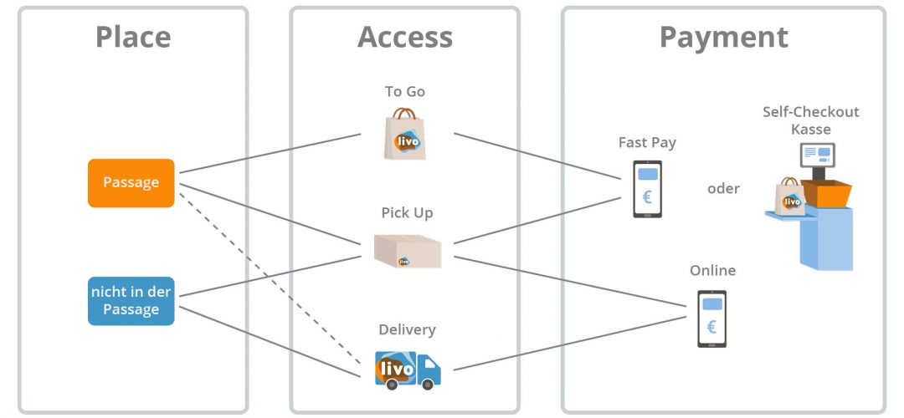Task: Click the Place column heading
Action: [133, 37]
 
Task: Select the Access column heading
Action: [405, 37]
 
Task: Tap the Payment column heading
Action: [723, 37]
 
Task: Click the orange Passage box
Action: [131, 182]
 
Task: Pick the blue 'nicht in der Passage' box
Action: [131, 301]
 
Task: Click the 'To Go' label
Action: [405, 92]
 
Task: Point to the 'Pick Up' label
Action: [407, 213]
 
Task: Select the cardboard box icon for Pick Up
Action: [408, 250]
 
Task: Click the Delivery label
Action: [407, 330]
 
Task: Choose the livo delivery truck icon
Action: [407, 369]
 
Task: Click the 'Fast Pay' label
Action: [647, 142]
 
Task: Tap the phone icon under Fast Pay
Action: [647, 189]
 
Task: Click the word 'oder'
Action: [723, 189]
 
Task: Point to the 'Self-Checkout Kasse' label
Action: [810, 120]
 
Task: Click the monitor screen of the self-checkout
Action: [817, 155]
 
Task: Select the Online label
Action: [712, 271]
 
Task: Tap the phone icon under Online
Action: [711, 319]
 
